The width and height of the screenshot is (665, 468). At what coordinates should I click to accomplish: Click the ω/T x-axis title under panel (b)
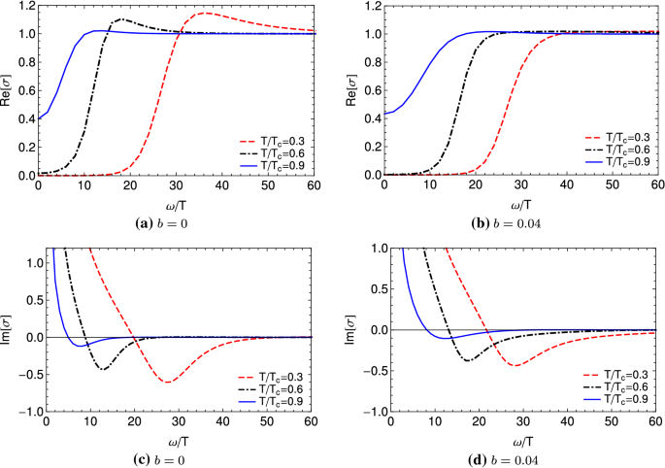click(520, 205)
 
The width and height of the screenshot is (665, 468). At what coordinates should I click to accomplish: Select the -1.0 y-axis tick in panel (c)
click(20, 412)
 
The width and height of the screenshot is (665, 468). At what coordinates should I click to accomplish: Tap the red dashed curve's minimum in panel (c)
click(168, 382)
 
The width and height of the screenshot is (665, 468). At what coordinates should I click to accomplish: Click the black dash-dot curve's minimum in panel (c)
click(103, 370)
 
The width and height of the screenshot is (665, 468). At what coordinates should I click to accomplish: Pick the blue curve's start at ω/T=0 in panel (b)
click(385, 114)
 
